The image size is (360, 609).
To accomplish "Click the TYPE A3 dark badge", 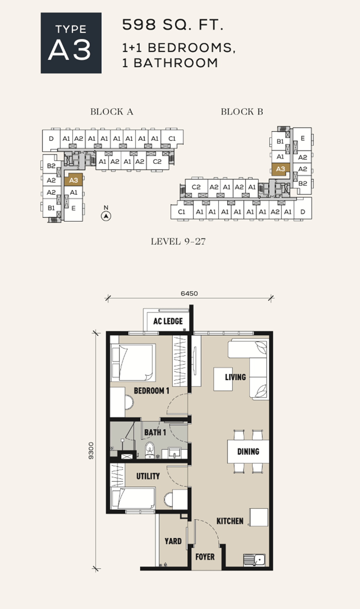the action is click(71, 43).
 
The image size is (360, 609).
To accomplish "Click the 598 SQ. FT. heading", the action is click(173, 25).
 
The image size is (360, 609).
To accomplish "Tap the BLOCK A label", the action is click(111, 112).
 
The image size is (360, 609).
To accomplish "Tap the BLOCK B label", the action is click(242, 112).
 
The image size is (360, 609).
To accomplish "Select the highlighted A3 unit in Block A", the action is click(73, 180).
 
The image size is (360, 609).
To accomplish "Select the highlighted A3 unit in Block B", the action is click(280, 169).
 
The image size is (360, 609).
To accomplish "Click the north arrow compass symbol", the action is click(106, 216).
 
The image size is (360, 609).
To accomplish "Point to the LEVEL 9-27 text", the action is click(178, 241).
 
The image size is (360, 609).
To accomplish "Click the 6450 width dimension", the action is click(189, 293).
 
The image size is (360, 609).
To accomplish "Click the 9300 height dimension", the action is click(91, 451).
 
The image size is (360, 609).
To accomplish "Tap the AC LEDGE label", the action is click(168, 321).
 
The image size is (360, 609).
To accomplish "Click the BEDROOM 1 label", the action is click(152, 391).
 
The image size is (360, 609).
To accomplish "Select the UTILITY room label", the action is click(148, 476).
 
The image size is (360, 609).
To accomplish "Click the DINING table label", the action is click(248, 451).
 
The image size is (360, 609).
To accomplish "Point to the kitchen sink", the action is click(254, 560).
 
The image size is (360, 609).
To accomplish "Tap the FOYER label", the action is click(205, 557).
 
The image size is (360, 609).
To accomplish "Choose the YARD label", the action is click(173, 541).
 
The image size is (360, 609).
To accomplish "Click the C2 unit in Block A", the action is click(157, 161).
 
